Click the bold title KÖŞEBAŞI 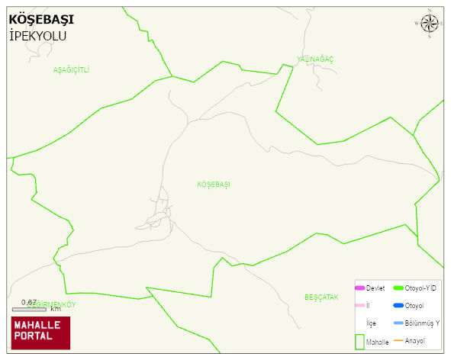(x=41, y=20)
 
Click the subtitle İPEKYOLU (x=38, y=36)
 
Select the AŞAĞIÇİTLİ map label (x=71, y=70)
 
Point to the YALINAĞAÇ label (x=315, y=59)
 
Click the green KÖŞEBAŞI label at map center (x=214, y=185)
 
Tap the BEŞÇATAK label (x=321, y=297)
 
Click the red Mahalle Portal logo (x=40, y=333)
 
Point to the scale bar (x=29, y=309)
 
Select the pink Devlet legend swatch (x=360, y=288)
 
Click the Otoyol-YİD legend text (x=420, y=288)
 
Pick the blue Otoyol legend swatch (x=398, y=306)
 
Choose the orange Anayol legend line (x=398, y=340)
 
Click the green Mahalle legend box (x=359, y=342)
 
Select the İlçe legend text (x=371, y=323)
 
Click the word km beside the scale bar (x=56, y=309)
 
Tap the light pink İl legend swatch (x=360, y=306)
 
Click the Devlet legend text (x=375, y=288)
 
